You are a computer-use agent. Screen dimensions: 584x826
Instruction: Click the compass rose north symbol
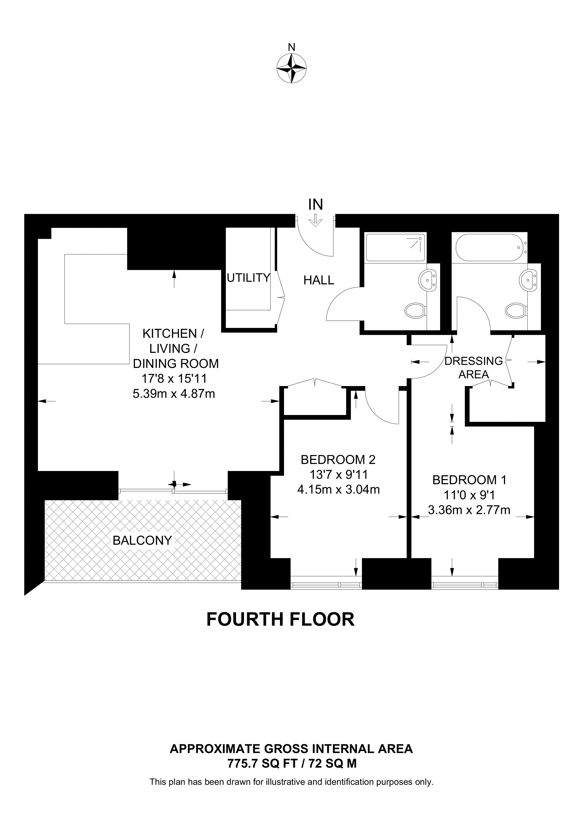(x=291, y=68)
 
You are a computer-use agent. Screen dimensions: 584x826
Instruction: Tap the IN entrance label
(x=316, y=204)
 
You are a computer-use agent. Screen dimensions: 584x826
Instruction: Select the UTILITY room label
(x=248, y=278)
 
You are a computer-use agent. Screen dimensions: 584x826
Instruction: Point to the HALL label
(x=319, y=280)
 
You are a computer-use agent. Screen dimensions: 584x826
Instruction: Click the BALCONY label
(x=142, y=540)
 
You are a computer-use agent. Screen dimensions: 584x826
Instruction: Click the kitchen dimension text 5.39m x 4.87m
(x=174, y=393)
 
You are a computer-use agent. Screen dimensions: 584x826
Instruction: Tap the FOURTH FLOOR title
(x=281, y=620)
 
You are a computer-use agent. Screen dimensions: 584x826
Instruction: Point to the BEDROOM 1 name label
(x=469, y=480)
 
